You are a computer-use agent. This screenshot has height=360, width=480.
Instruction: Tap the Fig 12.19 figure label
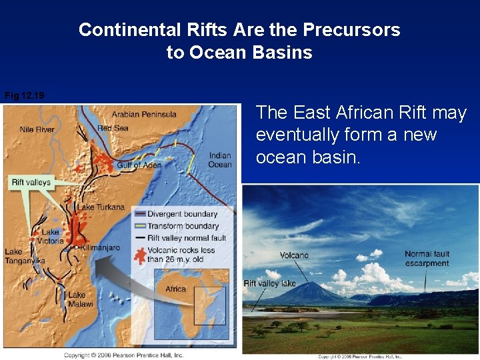click(x=25, y=96)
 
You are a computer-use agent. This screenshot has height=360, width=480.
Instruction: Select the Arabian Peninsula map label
click(x=143, y=114)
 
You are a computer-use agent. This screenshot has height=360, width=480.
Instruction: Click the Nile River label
click(x=37, y=129)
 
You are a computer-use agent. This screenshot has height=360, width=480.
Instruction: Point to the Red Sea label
click(x=113, y=128)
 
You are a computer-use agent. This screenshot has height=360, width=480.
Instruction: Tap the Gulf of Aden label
click(x=139, y=165)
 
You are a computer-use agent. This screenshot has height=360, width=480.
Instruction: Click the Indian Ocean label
click(x=220, y=160)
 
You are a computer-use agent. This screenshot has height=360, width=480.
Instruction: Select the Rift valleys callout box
click(x=31, y=182)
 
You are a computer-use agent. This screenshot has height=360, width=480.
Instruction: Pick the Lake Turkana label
click(x=101, y=207)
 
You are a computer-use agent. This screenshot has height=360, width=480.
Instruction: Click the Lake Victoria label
click(x=51, y=237)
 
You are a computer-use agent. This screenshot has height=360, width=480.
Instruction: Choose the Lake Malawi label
click(x=77, y=299)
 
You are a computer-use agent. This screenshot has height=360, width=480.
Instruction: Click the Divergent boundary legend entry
click(x=182, y=214)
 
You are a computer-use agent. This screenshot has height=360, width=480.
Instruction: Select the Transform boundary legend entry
click(x=183, y=226)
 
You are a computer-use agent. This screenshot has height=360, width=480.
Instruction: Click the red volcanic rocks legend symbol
click(x=139, y=255)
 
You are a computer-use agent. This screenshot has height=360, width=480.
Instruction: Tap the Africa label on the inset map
click(x=175, y=289)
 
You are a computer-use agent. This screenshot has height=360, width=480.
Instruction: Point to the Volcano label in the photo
click(x=294, y=255)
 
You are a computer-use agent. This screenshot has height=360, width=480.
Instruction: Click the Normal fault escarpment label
click(x=427, y=259)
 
